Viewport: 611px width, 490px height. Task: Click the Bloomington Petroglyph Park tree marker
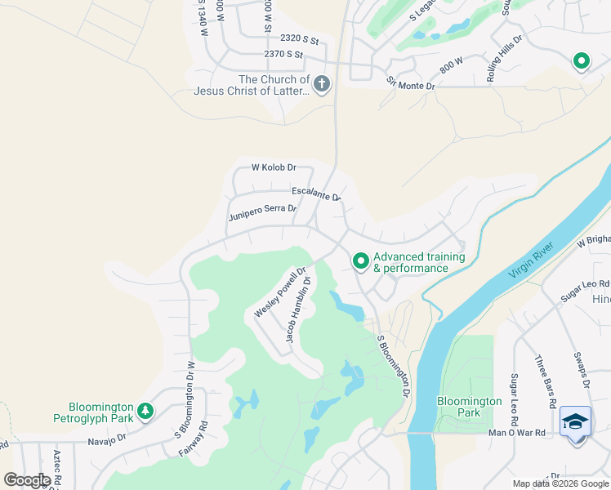click(145, 410)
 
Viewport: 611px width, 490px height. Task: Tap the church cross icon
click(322, 83)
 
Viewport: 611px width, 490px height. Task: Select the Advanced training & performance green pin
click(360, 261)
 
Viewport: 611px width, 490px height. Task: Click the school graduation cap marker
click(576, 422)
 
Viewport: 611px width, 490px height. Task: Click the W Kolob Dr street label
click(273, 167)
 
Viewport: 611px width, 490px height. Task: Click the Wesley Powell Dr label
click(279, 292)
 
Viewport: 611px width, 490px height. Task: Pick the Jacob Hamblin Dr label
click(298, 309)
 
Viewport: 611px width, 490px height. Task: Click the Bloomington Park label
click(470, 407)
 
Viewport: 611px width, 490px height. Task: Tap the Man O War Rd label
click(515, 433)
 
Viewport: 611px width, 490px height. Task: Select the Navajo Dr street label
click(109, 439)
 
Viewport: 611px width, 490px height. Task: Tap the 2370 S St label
click(283, 55)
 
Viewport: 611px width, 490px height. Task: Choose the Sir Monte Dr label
click(410, 83)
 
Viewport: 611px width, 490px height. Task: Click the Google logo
click(27, 480)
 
